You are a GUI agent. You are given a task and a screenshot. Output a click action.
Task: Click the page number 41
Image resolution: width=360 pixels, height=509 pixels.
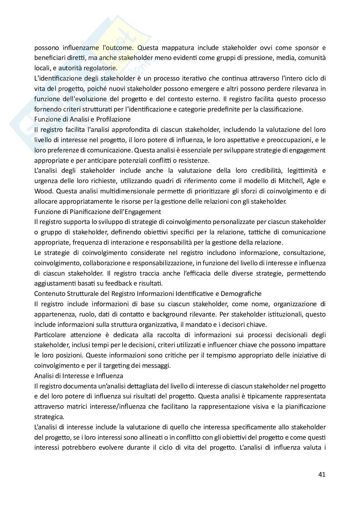pyautogui.click(x=321, y=474)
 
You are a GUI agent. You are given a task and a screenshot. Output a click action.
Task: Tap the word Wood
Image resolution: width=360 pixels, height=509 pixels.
pyautogui.click(x=43, y=191)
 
